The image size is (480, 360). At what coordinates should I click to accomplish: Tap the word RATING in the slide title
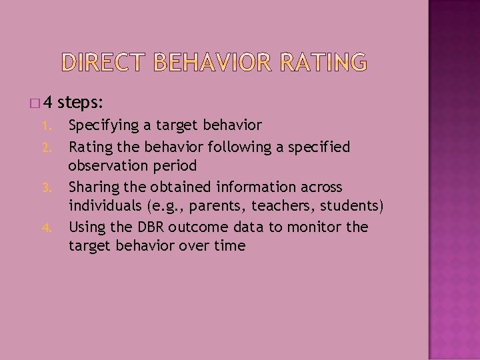[323, 62]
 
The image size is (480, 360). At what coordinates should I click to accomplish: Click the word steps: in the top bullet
[80, 103]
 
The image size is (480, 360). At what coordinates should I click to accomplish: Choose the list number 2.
[45, 147]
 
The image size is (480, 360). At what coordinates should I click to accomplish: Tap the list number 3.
[45, 187]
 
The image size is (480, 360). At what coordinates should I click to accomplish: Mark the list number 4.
[45, 227]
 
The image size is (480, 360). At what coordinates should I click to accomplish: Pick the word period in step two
[175, 166]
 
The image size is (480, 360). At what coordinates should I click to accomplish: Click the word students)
[351, 207]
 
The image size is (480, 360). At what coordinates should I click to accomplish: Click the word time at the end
[230, 246]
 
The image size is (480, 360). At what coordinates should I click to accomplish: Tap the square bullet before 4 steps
[35, 103]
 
